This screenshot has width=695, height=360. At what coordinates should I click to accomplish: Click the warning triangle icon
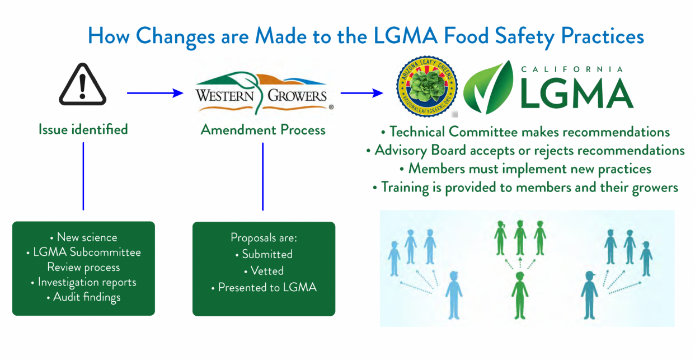point(83,86)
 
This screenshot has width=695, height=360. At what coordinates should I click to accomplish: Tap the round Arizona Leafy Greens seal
point(426,86)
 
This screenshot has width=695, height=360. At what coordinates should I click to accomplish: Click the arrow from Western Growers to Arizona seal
point(361,93)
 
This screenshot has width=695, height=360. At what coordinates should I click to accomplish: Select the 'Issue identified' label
point(83,129)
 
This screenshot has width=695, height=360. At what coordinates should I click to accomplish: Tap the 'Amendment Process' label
point(263,130)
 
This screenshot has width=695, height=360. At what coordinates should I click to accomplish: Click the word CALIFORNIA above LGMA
point(571,69)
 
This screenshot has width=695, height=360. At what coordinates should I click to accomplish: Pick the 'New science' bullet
point(83,237)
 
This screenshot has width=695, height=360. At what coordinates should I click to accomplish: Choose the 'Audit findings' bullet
point(83,297)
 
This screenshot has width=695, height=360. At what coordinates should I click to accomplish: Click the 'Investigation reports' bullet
point(83,282)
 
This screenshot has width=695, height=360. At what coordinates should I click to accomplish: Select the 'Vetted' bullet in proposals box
point(264,271)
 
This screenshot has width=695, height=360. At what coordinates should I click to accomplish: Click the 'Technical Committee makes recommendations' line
point(525,132)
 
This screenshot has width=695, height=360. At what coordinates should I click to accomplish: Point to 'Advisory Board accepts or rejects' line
point(525,151)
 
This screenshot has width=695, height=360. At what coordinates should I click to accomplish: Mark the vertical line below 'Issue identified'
point(83,176)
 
